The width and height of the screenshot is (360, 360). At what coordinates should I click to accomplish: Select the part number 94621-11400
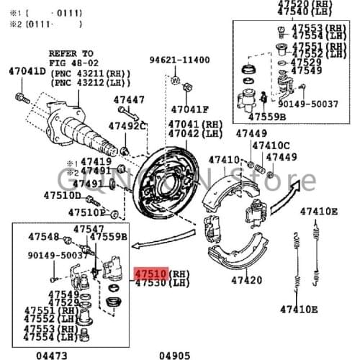(x=180, y=60)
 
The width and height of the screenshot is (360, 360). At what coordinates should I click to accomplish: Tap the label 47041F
(x=189, y=109)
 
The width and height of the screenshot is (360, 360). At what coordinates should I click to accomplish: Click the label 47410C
(x=271, y=145)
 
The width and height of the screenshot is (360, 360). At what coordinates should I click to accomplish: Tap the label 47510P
(x=86, y=212)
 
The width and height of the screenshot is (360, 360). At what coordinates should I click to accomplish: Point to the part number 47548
(x=44, y=236)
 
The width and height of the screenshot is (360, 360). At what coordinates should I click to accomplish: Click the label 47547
(x=89, y=228)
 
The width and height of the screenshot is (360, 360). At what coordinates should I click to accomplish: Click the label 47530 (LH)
(x=160, y=284)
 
